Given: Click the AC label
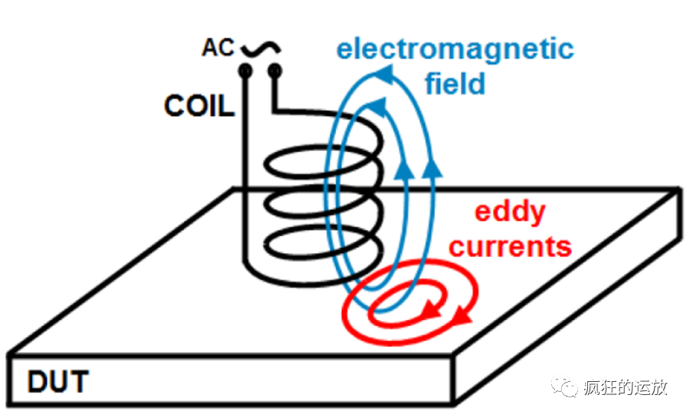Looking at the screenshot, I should (219, 48).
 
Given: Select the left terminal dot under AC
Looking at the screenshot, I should (245, 72).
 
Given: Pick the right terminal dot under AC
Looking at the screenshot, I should (274, 72).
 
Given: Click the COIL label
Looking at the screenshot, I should (199, 106).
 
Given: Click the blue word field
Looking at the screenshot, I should (455, 83).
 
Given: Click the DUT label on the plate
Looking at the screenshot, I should (58, 381).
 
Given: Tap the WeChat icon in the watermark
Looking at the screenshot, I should (567, 387).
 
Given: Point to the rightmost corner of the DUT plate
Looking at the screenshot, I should (679, 189).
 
